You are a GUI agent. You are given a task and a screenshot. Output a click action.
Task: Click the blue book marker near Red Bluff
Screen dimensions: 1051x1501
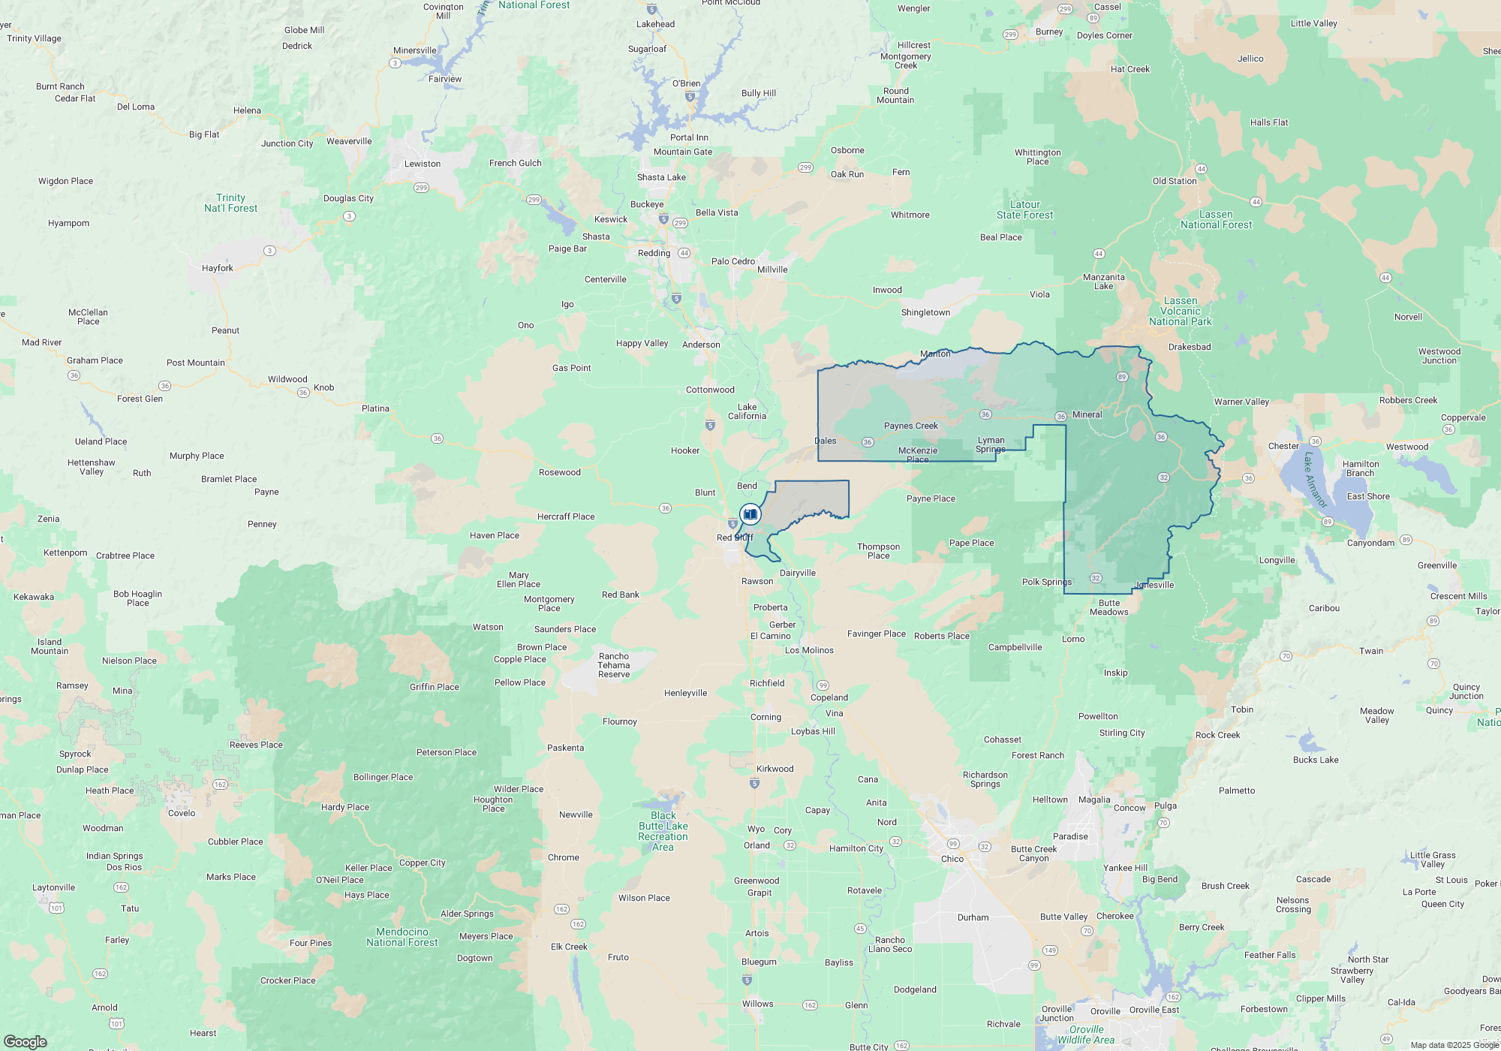pyautogui.click(x=750, y=514)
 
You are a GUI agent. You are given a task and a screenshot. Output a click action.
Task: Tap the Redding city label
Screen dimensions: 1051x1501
pyautogui.click(x=654, y=253)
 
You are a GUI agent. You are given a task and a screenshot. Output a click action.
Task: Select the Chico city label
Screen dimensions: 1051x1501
pyautogui.click(x=952, y=859)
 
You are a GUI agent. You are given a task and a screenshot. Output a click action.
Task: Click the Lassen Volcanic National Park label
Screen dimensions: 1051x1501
pyautogui.click(x=1181, y=312)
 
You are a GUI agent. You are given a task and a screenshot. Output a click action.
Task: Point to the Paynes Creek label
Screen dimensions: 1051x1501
pyautogui.click(x=910, y=426)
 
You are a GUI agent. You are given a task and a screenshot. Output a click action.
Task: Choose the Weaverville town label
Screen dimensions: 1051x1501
pyautogui.click(x=349, y=141)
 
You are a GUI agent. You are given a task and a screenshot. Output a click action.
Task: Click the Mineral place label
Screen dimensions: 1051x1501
pyautogui.click(x=1087, y=414)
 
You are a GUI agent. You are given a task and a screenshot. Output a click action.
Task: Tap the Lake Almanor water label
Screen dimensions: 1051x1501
pyautogui.click(x=1315, y=480)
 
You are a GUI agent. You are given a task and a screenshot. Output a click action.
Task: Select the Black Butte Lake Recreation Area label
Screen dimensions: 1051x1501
pyautogui.click(x=663, y=831)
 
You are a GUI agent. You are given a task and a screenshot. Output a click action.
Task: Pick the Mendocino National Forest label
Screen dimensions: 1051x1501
pyautogui.click(x=402, y=937)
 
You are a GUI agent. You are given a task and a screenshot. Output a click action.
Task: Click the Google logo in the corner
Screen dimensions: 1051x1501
pyautogui.click(x=26, y=1041)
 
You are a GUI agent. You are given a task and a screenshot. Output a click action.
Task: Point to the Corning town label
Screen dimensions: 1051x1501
pyautogui.click(x=766, y=717)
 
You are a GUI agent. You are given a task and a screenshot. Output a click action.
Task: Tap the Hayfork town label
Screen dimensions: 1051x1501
pyautogui.click(x=217, y=268)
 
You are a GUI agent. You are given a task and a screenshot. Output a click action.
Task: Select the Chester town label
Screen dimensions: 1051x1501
pyautogui.click(x=1283, y=446)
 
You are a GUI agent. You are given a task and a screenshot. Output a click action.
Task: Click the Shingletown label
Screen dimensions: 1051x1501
pyautogui.click(x=925, y=312)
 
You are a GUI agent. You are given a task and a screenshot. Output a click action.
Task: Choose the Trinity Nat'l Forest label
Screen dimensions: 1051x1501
pyautogui.click(x=230, y=203)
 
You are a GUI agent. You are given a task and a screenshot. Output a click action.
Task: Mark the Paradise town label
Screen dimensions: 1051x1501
pyautogui.click(x=1070, y=836)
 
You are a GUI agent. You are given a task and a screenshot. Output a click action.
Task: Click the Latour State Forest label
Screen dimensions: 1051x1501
pyautogui.click(x=1024, y=209)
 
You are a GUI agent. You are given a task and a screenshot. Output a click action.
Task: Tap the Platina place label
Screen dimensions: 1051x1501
pyautogui.click(x=375, y=408)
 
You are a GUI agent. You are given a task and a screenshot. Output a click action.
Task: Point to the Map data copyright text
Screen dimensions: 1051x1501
pyautogui.click(x=1454, y=1045)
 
